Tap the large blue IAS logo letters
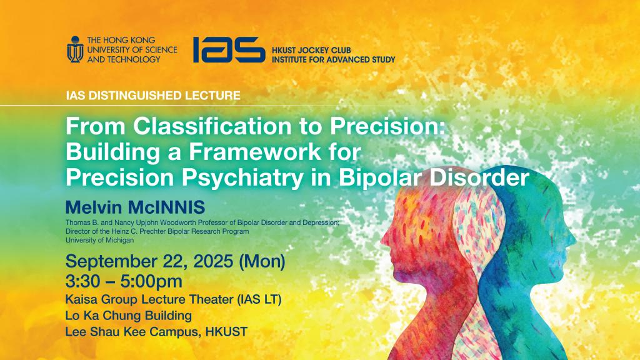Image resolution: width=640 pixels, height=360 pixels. pyautogui.click(x=228, y=49)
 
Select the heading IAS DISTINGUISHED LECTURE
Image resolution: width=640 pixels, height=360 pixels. pyautogui.click(x=153, y=96)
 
